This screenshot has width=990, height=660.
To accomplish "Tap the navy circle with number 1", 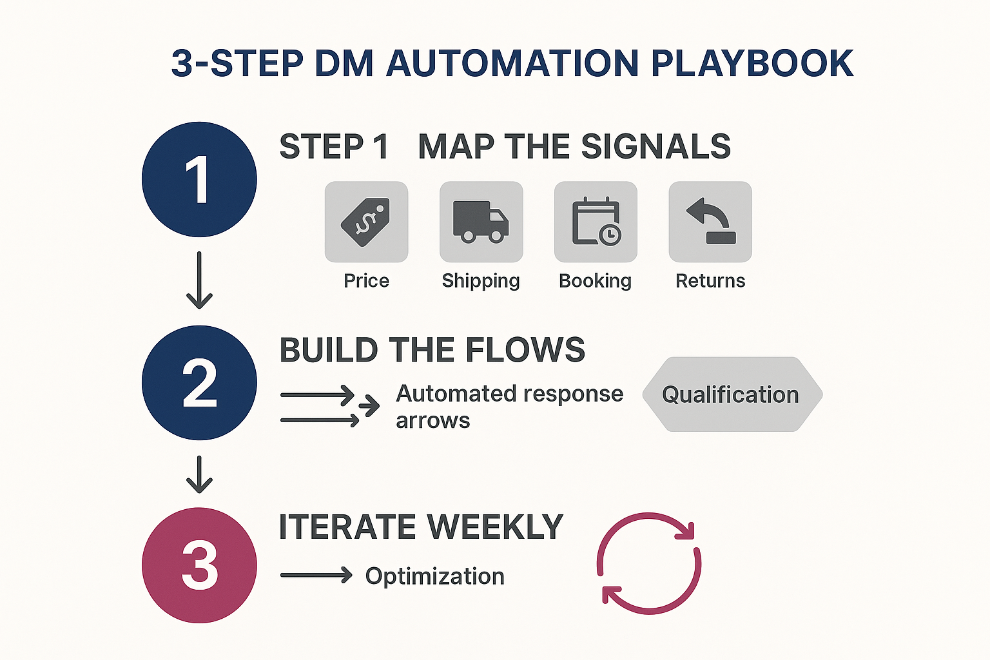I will (199, 179).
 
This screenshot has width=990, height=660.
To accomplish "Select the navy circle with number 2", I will (199, 383).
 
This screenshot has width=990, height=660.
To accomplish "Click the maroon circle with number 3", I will (199, 565).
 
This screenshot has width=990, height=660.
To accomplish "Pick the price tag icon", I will (366, 222).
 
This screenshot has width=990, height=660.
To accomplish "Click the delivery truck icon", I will (481, 222).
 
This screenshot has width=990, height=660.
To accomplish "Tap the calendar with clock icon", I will (596, 222).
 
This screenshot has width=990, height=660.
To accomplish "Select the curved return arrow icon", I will (710, 222).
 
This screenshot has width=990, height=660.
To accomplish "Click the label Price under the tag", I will (366, 281).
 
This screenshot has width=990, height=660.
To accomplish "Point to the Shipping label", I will (481, 281).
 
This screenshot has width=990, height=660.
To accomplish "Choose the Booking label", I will (595, 281).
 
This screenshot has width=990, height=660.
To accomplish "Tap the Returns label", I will (710, 281).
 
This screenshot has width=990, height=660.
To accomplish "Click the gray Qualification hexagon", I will (732, 394).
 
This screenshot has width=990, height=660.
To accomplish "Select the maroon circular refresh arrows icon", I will (649, 563).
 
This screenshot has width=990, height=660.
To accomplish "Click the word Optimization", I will (434, 576).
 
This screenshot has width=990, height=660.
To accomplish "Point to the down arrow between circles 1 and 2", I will (199, 280).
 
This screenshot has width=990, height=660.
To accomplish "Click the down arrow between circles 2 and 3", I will (199, 474).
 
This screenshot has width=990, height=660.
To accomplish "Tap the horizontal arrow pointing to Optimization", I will (316, 575).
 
